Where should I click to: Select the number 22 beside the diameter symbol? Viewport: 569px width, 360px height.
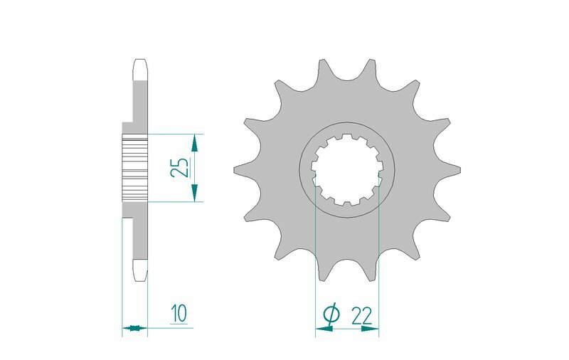363,314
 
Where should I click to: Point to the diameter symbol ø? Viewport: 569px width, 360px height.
331,314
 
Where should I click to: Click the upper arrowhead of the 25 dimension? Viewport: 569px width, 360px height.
194,142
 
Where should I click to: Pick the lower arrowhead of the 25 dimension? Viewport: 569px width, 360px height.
194,193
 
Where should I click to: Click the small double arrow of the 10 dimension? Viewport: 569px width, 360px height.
134,328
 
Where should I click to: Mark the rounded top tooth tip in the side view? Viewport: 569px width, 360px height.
139,68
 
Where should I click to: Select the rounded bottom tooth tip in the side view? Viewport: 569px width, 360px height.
139,269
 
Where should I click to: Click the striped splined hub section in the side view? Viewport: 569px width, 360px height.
134,167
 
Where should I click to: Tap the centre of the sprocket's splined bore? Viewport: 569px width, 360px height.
346,169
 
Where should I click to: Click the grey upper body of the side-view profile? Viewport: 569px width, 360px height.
139,107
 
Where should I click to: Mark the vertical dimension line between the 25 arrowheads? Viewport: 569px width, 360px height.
194,167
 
